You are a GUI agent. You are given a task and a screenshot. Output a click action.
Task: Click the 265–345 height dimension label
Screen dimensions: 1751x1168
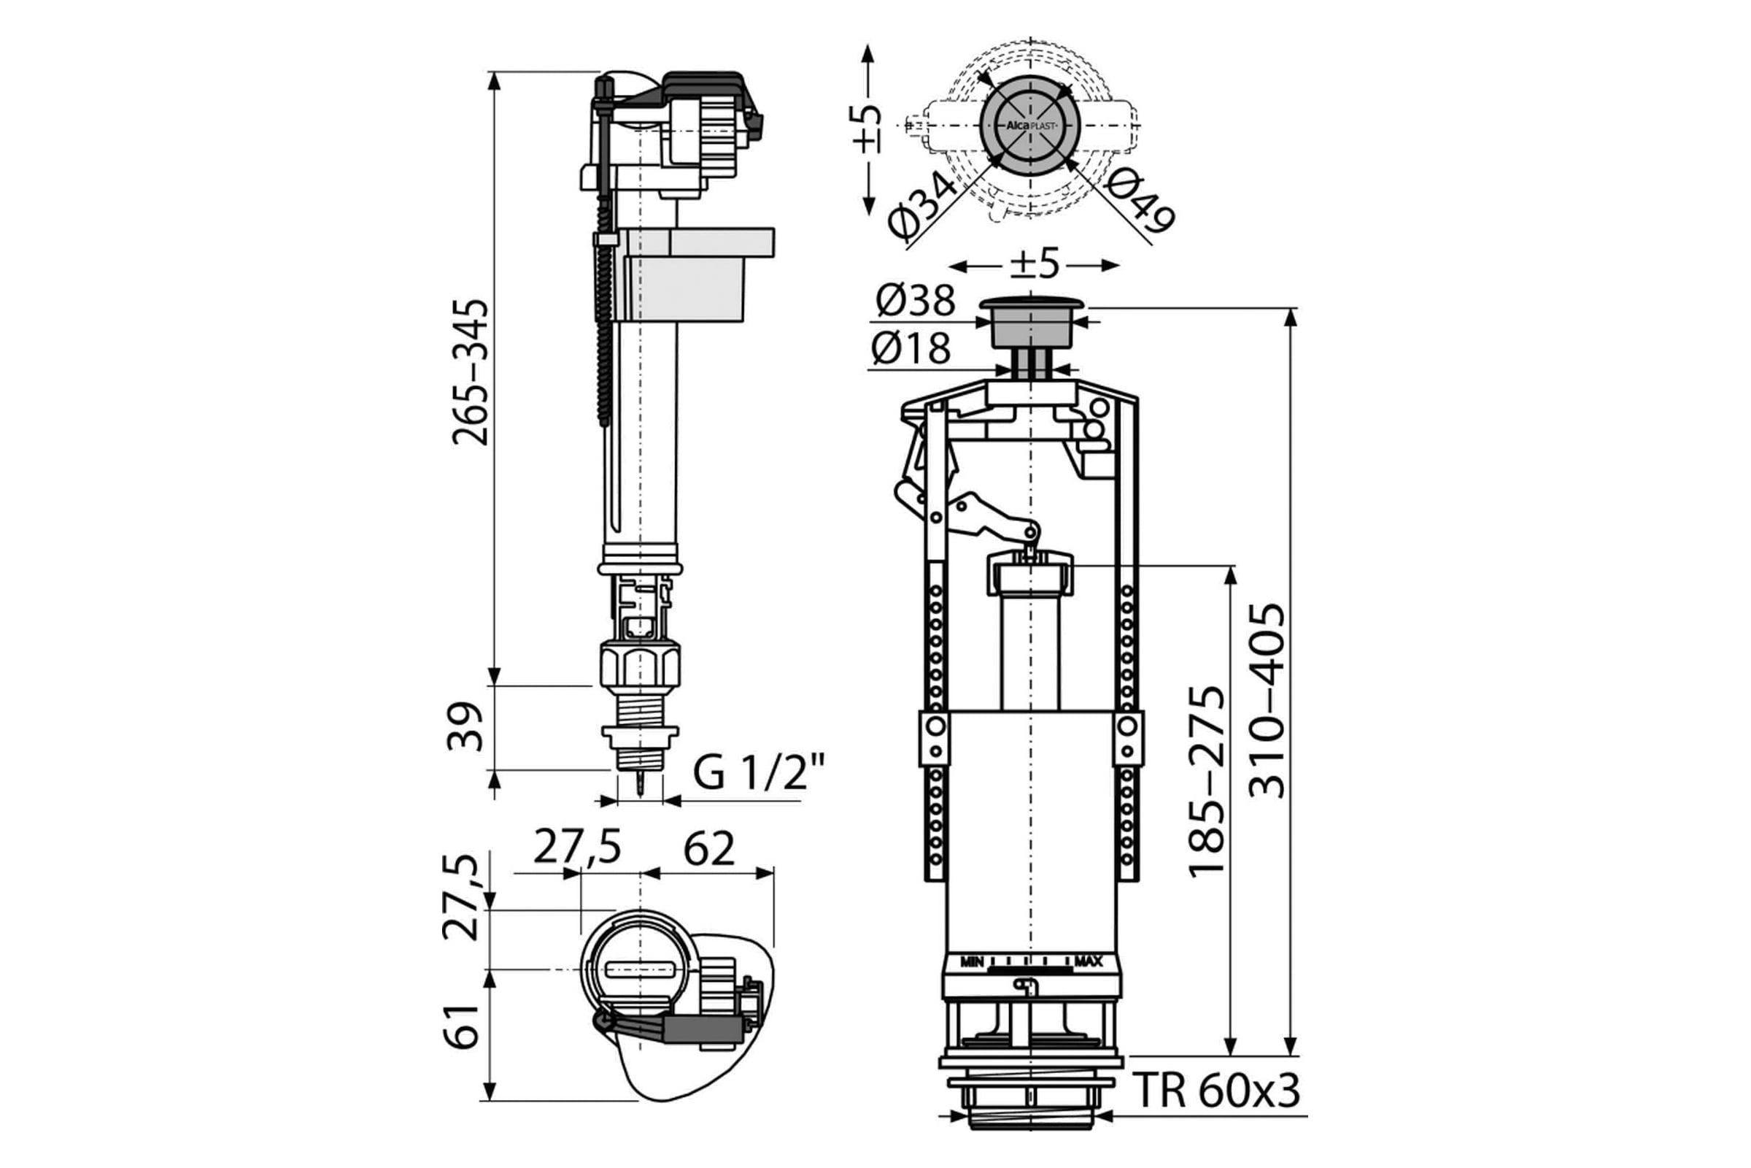tap(471, 372)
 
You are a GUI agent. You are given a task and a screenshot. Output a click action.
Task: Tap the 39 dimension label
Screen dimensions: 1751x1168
tap(466, 726)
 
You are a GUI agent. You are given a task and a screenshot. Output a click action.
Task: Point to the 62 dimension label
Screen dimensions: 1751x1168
tap(708, 848)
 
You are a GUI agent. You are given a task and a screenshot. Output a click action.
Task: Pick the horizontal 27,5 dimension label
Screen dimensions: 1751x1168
tap(578, 848)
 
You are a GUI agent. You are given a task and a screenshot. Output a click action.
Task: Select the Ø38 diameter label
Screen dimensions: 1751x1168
tap(915, 301)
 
